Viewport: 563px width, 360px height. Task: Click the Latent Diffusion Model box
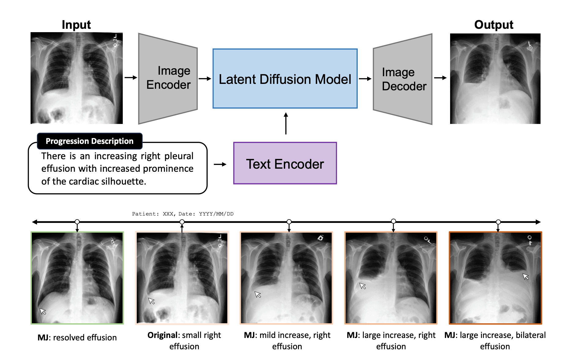[x=285, y=79]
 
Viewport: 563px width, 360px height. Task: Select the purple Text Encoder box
[x=285, y=163]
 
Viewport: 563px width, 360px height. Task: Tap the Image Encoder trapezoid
[x=168, y=79]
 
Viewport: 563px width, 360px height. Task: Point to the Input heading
[x=76, y=25]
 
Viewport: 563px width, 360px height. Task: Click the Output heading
[x=494, y=25]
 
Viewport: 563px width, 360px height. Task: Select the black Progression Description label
[x=89, y=141]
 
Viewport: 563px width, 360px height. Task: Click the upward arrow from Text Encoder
[x=286, y=123]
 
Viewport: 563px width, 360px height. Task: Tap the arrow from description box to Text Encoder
[x=220, y=164]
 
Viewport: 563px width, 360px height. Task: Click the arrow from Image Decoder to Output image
[x=440, y=78]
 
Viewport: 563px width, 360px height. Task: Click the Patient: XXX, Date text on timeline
[x=183, y=214]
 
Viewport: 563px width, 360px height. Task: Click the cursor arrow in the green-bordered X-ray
[x=43, y=311]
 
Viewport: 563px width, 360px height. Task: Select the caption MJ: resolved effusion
[x=77, y=337]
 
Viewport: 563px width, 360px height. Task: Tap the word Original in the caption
[x=162, y=335]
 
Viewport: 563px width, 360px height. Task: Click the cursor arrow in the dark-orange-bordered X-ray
[x=526, y=276]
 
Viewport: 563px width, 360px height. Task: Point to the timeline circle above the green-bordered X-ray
[x=77, y=222]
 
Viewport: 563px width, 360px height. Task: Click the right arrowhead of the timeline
[x=538, y=222]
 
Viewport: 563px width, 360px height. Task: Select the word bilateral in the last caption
[x=531, y=335]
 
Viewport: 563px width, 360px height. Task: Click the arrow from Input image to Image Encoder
[x=131, y=77]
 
